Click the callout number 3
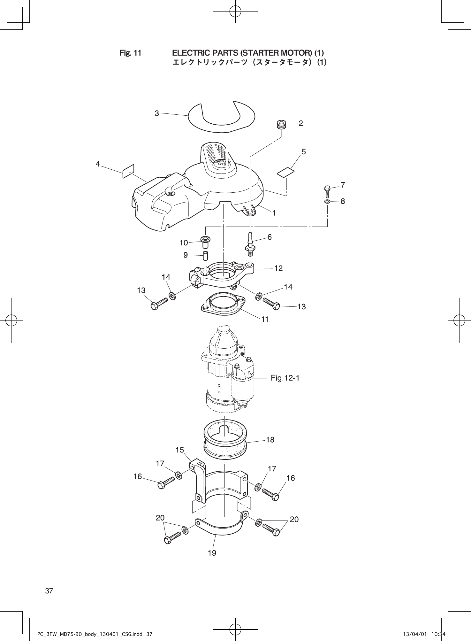pyautogui.click(x=157, y=113)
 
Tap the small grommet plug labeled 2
pyautogui.click(x=281, y=124)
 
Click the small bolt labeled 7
pyautogui.click(x=327, y=191)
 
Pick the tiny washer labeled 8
pyautogui.click(x=327, y=202)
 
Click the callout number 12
pyautogui.click(x=278, y=268)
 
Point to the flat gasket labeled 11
pyautogui.click(x=223, y=305)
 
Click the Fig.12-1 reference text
pyautogui.click(x=285, y=378)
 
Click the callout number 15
pyautogui.click(x=180, y=450)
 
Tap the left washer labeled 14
pyautogui.click(x=172, y=296)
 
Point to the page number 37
pyautogui.click(x=49, y=591)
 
